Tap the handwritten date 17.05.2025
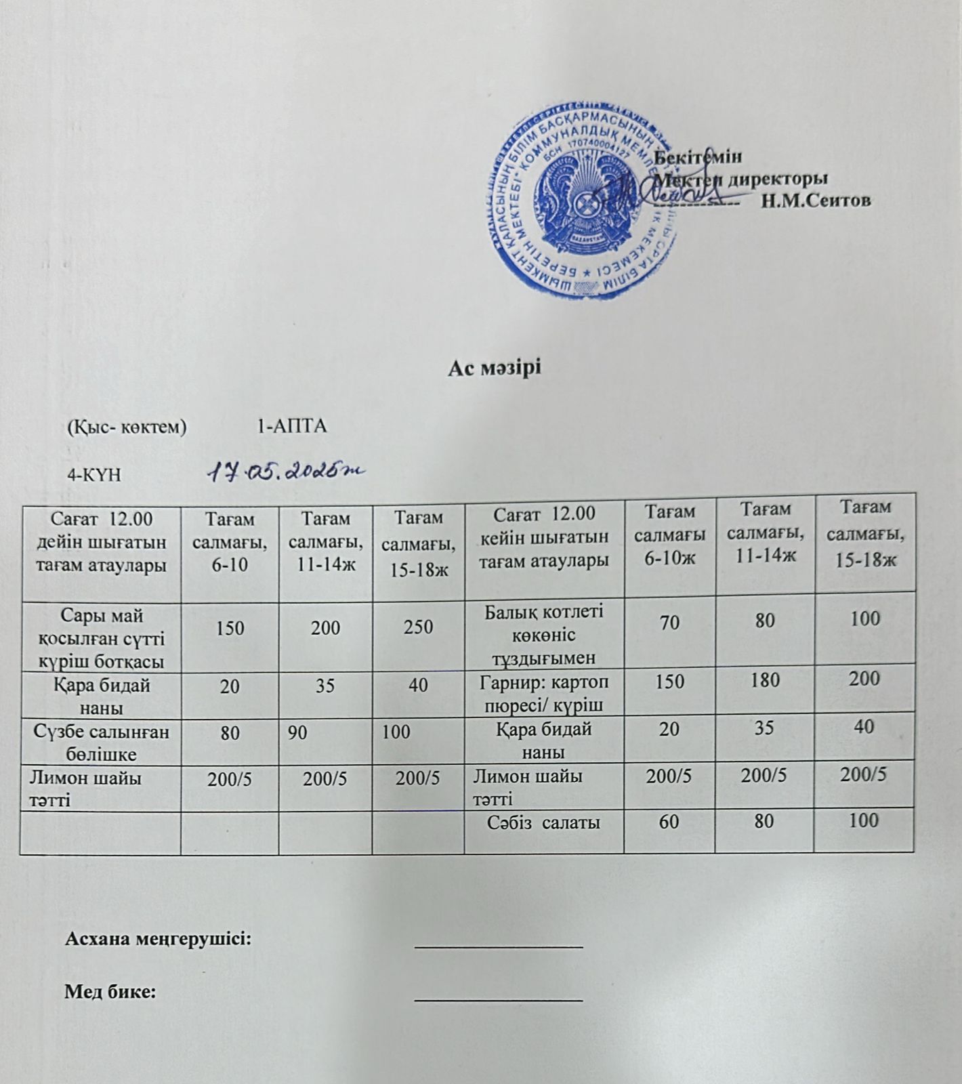point(285,471)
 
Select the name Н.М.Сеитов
point(816,201)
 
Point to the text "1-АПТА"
point(293,427)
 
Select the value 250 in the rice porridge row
point(419,627)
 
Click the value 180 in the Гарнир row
point(765,680)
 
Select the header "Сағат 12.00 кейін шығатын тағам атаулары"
point(544,537)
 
